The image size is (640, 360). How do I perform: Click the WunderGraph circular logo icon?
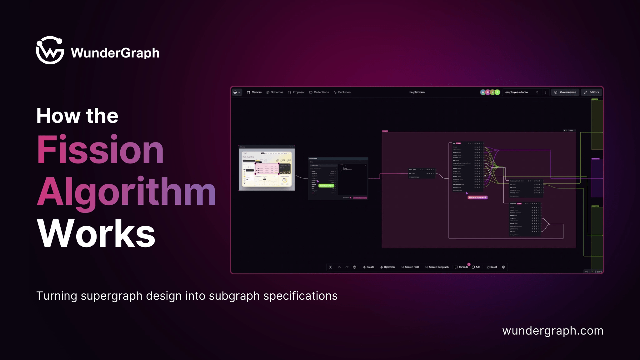[x=50, y=50]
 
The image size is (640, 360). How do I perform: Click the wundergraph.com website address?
[x=552, y=331]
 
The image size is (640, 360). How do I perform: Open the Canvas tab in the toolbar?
[x=254, y=92]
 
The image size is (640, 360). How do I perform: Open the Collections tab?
[x=319, y=92]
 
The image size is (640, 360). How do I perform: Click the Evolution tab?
[x=342, y=92]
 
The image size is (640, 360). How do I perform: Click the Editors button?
[x=592, y=92]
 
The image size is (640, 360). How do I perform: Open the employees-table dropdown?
[x=522, y=92]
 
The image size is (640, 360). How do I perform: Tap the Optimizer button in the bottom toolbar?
[x=388, y=267]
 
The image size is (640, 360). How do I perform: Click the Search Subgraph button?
[x=437, y=267]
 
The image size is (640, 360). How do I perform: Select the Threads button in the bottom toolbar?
[x=462, y=267]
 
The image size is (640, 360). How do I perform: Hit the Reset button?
[x=492, y=267]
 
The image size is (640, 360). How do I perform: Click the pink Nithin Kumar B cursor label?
[x=477, y=197]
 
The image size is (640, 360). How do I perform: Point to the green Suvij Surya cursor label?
[x=326, y=186]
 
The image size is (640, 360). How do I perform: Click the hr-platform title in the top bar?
[x=417, y=92]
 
